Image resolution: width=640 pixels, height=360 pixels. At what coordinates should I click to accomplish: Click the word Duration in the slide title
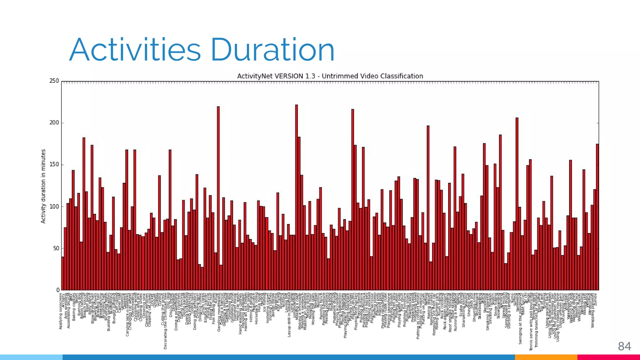click(272, 50)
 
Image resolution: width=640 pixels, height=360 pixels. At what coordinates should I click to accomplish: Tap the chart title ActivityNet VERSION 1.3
click(330, 76)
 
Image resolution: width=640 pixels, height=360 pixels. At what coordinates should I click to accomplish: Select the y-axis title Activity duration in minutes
click(43, 186)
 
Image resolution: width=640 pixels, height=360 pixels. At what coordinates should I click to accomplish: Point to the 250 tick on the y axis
click(54, 81)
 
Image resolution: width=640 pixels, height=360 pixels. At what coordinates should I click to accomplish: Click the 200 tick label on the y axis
click(54, 123)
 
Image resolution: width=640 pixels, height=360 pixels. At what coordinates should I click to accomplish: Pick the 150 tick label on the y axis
click(54, 165)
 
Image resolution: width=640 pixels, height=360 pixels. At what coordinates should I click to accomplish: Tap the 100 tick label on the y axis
click(54, 207)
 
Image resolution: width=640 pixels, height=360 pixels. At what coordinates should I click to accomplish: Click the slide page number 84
click(624, 346)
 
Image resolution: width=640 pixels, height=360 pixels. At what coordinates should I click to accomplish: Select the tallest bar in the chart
click(296, 197)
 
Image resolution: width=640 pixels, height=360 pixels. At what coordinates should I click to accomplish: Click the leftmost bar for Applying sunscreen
click(62, 273)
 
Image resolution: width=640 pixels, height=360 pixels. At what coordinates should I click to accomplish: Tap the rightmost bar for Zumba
click(597, 219)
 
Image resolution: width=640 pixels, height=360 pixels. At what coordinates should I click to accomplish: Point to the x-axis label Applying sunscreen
click(61, 311)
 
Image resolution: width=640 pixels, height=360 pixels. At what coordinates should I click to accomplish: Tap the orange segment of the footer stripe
click(546, 357)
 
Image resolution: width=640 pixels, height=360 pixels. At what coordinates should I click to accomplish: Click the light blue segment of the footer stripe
click(31, 357)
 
